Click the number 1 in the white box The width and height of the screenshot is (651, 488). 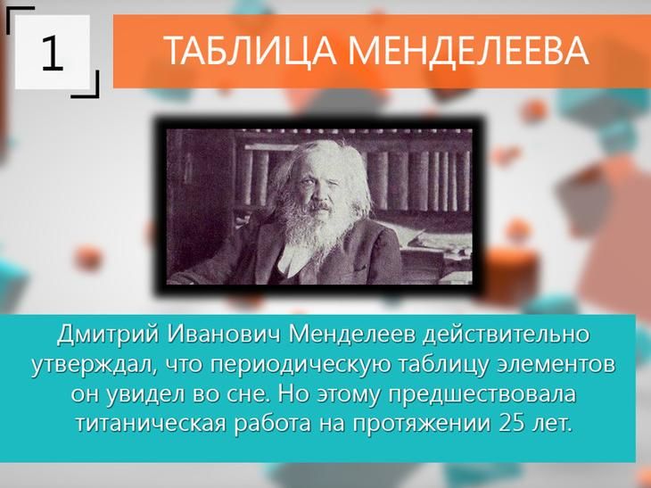point(53,54)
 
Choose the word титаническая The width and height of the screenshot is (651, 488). point(151,424)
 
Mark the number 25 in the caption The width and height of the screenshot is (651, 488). point(512,424)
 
